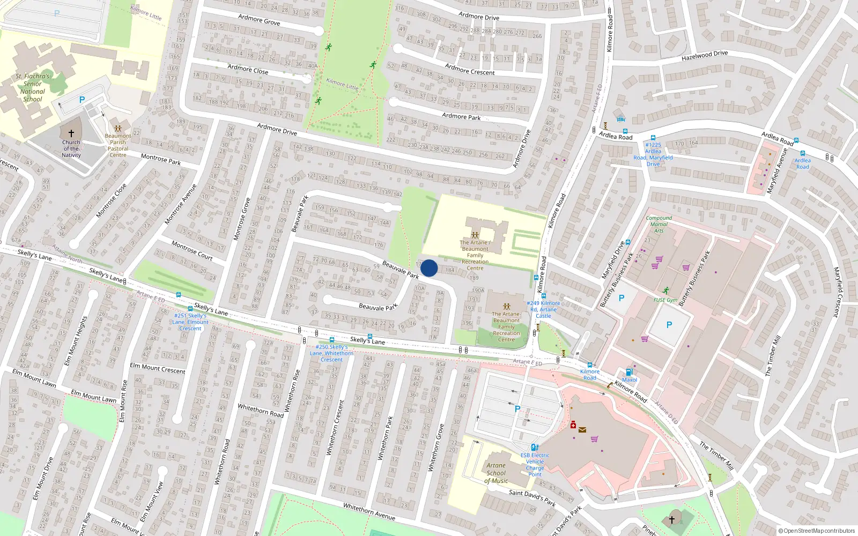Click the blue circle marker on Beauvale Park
point(428,268)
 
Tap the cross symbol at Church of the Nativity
point(71,133)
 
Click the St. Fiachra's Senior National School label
point(32,88)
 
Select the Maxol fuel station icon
point(629,372)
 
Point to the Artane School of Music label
point(496,473)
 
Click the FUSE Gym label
point(665,300)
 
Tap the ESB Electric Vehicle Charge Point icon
point(534,447)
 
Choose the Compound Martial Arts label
point(659,224)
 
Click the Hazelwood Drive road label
point(704,55)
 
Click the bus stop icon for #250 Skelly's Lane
point(331,340)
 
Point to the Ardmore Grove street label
point(259,20)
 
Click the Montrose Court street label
point(192,250)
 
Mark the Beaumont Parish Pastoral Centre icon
point(118,128)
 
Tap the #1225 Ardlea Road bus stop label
point(653,154)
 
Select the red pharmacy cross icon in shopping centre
point(573,425)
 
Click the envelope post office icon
point(582,429)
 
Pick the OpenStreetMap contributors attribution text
point(816,531)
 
